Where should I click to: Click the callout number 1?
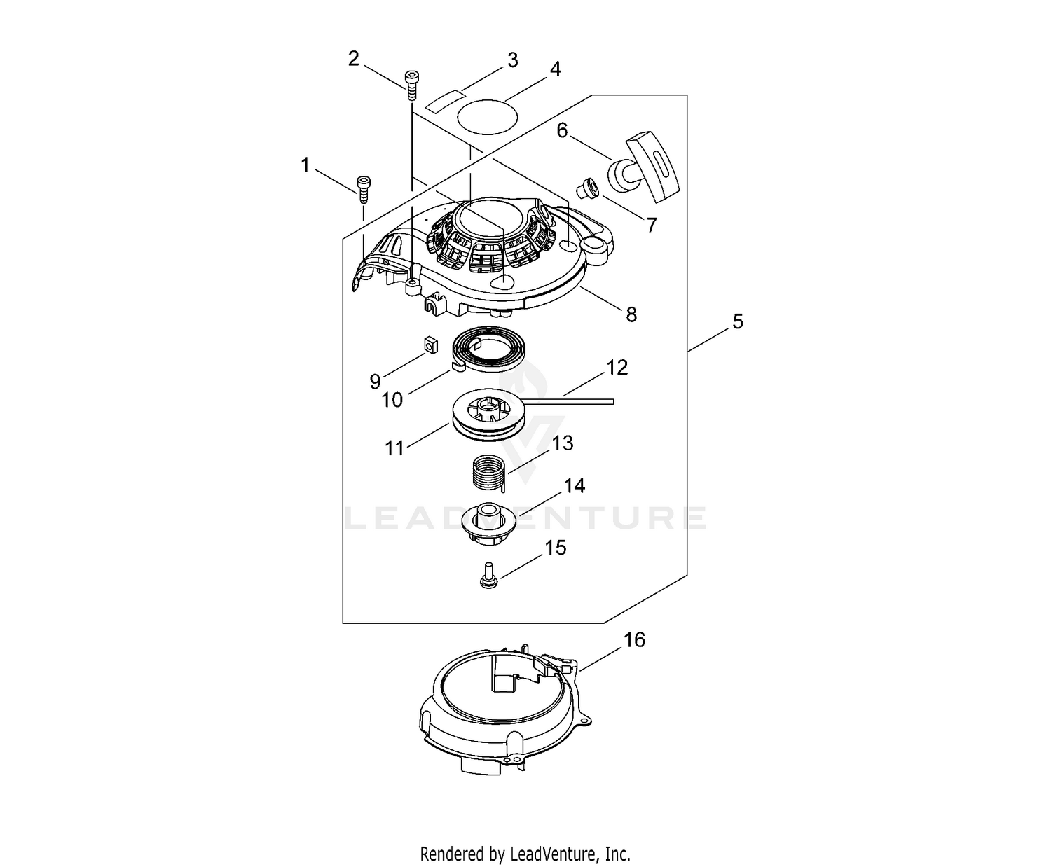pyautogui.click(x=305, y=166)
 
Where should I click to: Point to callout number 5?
pyautogui.click(x=737, y=322)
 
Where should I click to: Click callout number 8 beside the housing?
pyautogui.click(x=631, y=315)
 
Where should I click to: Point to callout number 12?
pyautogui.click(x=617, y=368)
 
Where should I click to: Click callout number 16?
pyautogui.click(x=634, y=640)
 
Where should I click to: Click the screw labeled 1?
pyautogui.click(x=363, y=184)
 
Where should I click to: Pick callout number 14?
pyautogui.click(x=574, y=485)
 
